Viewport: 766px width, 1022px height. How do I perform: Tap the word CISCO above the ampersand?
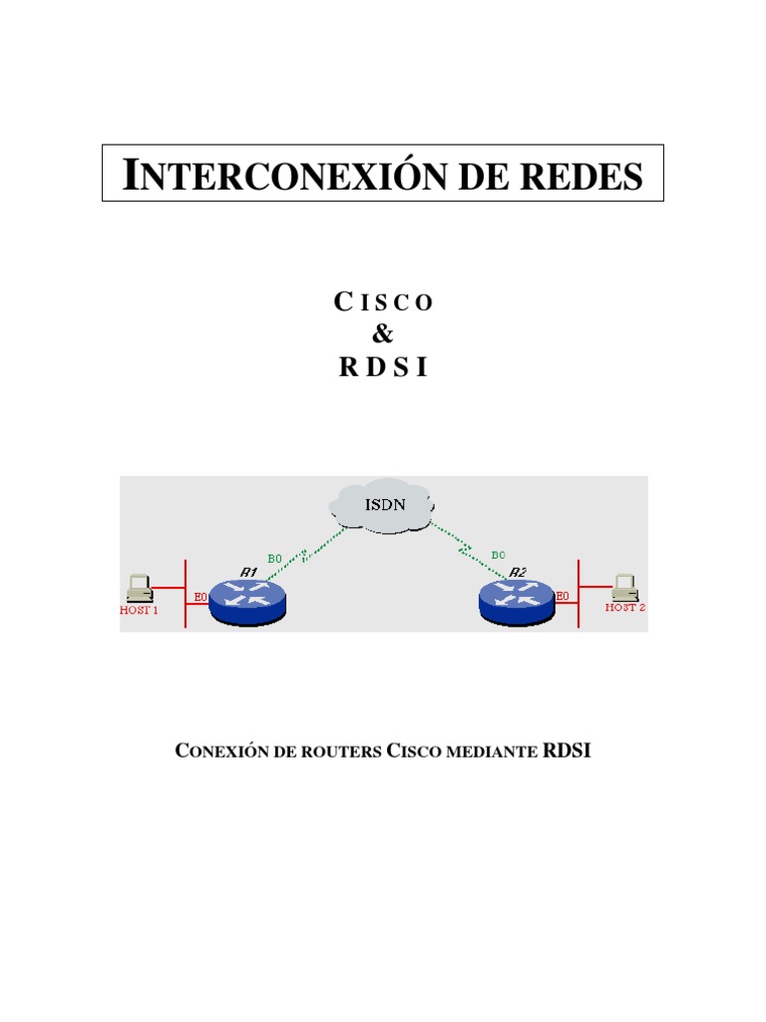click(383, 302)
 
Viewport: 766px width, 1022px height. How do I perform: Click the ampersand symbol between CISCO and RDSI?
click(383, 334)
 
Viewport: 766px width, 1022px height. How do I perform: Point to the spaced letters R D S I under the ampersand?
click(383, 366)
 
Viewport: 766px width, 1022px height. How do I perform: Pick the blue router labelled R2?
click(518, 599)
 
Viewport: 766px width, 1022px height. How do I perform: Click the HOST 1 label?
click(140, 610)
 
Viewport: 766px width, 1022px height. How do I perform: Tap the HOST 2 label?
click(626, 607)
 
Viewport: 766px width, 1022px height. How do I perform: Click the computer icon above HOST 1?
click(140, 587)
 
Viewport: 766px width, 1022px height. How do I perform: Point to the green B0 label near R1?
click(276, 558)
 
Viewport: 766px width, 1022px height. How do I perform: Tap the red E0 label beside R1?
click(200, 597)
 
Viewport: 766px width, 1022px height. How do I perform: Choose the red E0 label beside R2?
click(563, 596)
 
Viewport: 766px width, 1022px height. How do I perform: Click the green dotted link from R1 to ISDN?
click(304, 554)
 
